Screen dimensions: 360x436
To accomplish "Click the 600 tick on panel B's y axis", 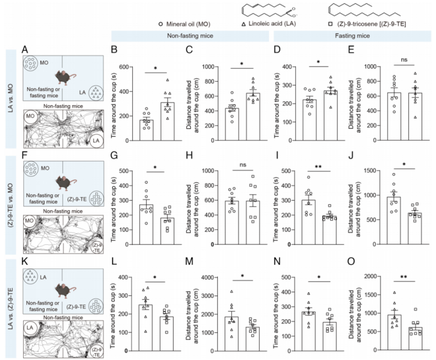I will tap(131, 67).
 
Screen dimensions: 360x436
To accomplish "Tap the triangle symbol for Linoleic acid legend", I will tap(243, 25).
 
